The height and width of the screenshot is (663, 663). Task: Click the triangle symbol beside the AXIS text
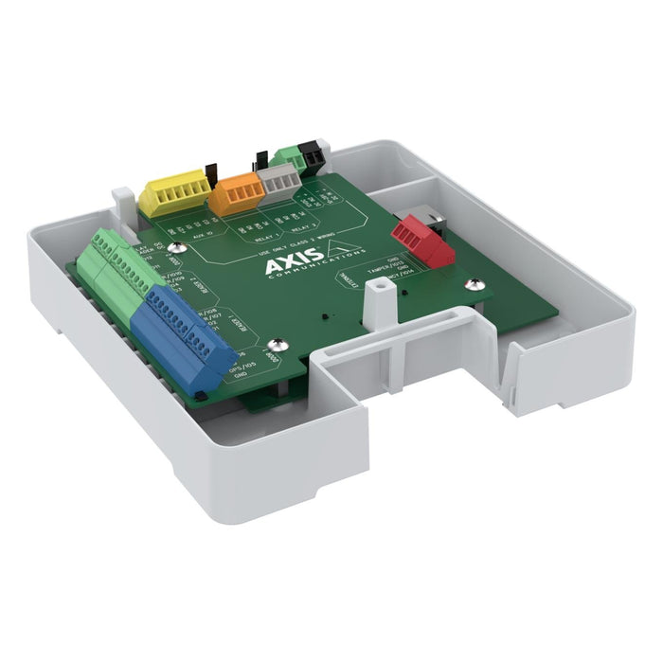coord(344,250)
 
